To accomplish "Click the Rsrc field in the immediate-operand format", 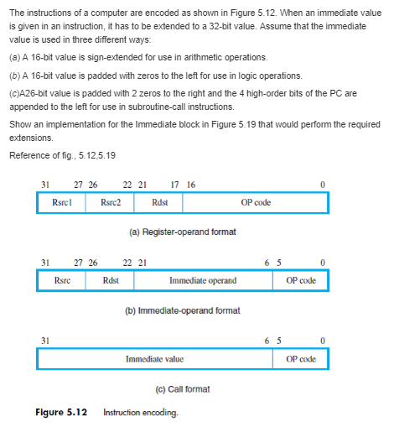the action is [61, 280].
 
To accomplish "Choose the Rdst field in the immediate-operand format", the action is [110, 280].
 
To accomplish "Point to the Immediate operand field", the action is [203, 280].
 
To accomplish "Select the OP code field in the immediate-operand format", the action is [300, 280].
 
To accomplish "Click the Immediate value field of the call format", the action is [154, 358].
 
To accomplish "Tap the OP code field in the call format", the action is [300, 358].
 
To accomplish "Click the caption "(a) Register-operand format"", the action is [181, 232].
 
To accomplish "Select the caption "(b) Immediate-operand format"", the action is [182, 310].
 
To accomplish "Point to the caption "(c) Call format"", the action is [182, 388].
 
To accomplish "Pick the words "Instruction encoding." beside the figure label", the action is [139, 413].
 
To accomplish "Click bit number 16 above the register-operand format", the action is [190, 185].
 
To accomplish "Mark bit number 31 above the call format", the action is [44, 340].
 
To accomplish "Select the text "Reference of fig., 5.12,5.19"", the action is [63, 155].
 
